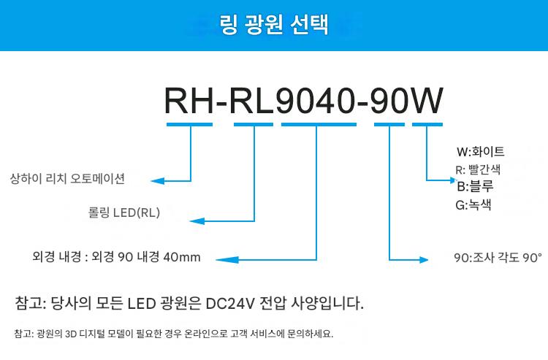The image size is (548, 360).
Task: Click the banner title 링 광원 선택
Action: coord(274,25)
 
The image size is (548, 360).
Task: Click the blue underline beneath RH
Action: coord(189,124)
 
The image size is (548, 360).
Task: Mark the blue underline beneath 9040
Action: coord(318,124)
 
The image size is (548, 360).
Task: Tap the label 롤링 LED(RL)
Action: coord(123,213)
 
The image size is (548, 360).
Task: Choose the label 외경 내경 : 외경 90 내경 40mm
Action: coord(116,257)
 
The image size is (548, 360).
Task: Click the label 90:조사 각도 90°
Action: coord(498,258)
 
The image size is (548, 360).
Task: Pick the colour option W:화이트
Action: coord(480,153)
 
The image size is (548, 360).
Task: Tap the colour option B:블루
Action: coord(475,187)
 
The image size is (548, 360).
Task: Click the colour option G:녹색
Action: coord(473,205)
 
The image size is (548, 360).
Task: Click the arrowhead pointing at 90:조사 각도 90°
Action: coord(425,258)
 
